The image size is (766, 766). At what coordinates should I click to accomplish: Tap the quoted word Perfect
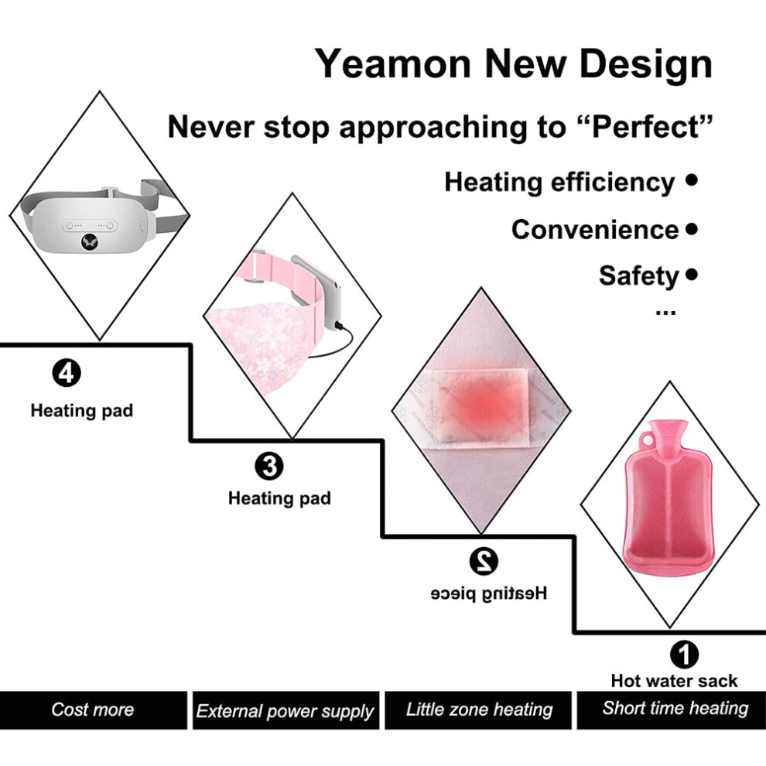(x=645, y=127)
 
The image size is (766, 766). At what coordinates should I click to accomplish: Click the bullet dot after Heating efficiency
(x=691, y=180)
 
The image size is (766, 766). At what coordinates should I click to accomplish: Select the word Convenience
(x=595, y=229)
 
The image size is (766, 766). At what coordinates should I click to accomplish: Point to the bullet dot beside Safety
(x=691, y=274)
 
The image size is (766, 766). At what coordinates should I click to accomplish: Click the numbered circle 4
(x=67, y=373)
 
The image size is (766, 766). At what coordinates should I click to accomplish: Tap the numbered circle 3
(x=268, y=466)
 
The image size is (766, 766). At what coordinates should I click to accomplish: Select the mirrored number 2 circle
(x=484, y=561)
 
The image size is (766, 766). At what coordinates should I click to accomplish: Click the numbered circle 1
(x=684, y=654)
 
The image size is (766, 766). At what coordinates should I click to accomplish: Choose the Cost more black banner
(x=93, y=710)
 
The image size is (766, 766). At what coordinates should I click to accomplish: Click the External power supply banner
(x=286, y=710)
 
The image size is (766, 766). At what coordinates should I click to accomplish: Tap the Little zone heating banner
(x=478, y=710)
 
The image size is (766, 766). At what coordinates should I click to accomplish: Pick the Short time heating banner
(x=672, y=710)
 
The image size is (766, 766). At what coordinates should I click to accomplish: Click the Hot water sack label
(x=674, y=681)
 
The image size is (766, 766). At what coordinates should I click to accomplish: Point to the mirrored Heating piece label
(x=488, y=593)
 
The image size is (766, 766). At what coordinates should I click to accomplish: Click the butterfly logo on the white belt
(x=90, y=241)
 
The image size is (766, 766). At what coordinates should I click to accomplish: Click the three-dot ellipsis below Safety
(x=665, y=312)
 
